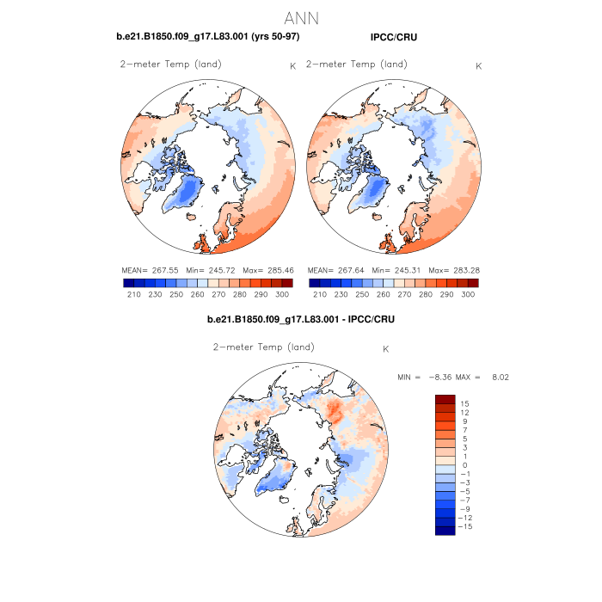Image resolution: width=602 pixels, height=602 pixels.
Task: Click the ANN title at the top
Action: [301, 18]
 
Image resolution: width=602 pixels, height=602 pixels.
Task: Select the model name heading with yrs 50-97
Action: [207, 37]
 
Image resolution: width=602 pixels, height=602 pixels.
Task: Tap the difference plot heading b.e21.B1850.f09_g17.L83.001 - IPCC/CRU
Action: [300, 320]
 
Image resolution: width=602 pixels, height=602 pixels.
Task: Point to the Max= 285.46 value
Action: [267, 270]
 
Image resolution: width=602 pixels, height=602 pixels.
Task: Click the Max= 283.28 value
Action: [452, 270]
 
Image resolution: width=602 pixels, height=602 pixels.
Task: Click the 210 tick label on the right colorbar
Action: [320, 294]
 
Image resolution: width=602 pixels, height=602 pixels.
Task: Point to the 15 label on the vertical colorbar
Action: [464, 403]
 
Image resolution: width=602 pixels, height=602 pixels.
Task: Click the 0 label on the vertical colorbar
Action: [465, 464]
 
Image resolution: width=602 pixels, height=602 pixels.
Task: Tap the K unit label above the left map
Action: [292, 65]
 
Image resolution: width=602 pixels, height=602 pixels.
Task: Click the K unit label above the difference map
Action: [386, 348]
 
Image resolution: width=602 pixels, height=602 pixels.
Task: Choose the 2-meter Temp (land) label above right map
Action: [357, 64]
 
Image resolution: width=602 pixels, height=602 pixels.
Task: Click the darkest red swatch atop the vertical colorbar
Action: [445, 399]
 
